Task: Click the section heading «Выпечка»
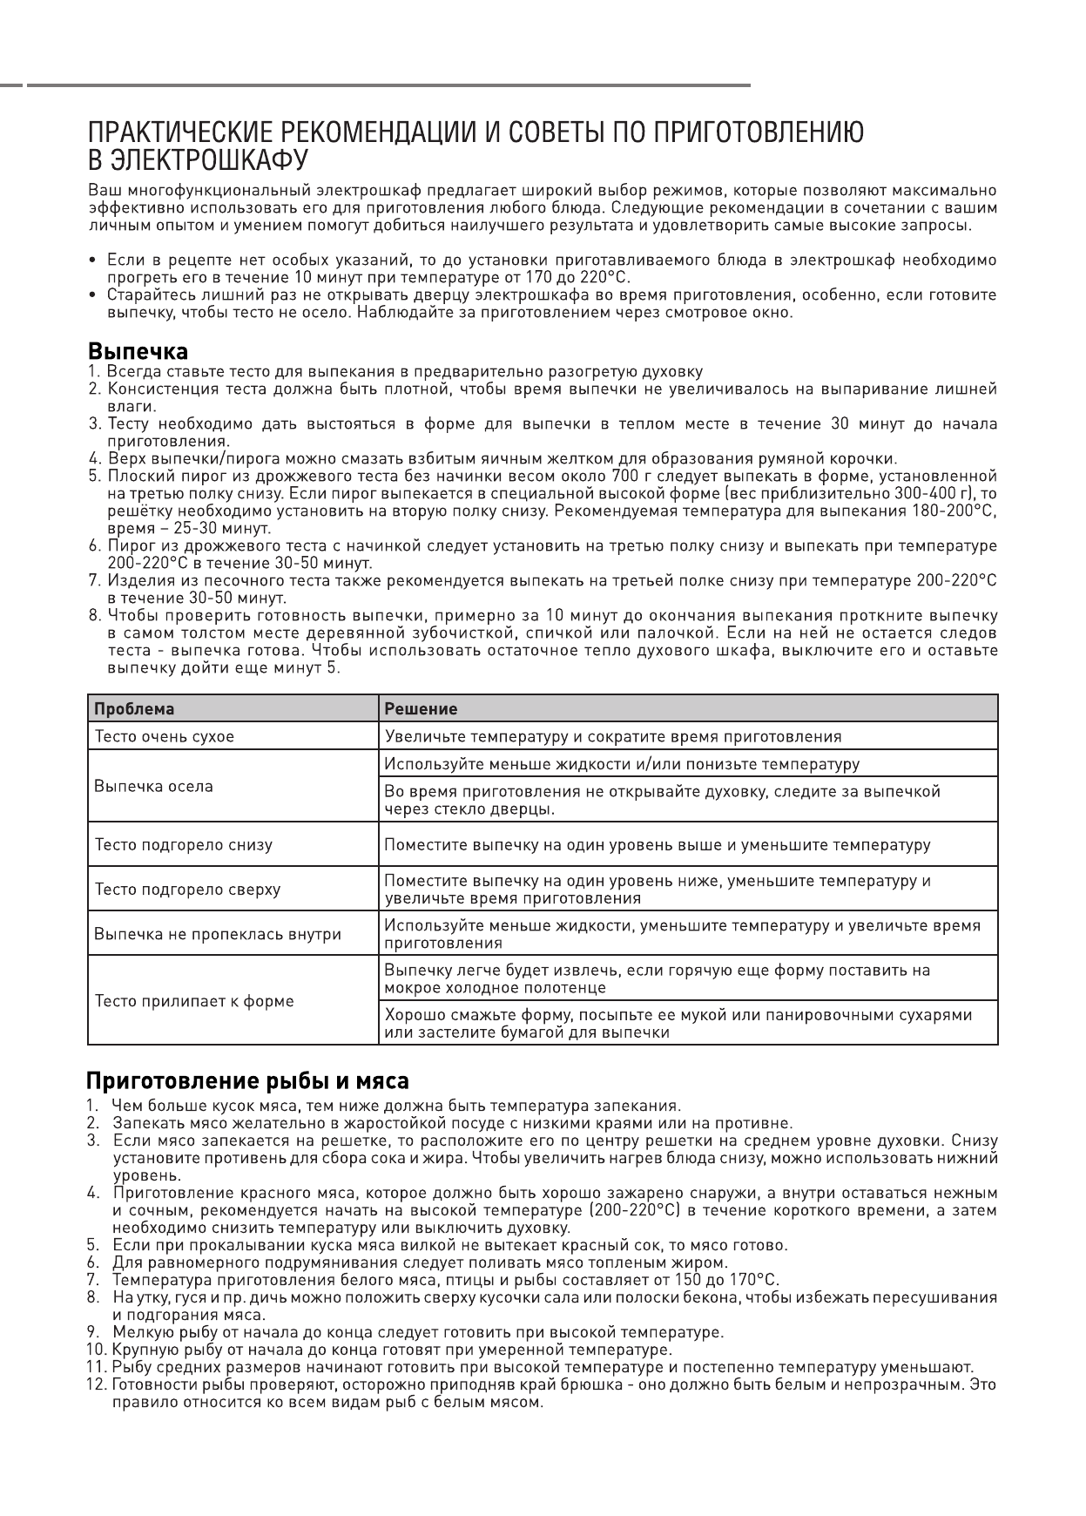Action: [x=138, y=352]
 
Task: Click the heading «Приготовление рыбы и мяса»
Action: [x=247, y=1081]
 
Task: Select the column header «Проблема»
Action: [x=134, y=708]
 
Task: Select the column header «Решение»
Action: [x=422, y=708]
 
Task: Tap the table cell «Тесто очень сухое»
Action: [x=165, y=736]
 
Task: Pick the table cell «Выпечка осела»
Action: [x=153, y=786]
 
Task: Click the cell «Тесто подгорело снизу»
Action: [x=183, y=844]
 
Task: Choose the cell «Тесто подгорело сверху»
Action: [x=187, y=890]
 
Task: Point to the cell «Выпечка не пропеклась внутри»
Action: [x=218, y=934]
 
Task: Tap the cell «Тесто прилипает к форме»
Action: [x=194, y=1001]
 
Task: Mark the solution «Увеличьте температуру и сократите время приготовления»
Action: [x=613, y=736]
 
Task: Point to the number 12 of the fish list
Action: [x=96, y=1384]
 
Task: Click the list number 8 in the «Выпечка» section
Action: [x=94, y=616]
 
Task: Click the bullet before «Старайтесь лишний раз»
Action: [x=92, y=295]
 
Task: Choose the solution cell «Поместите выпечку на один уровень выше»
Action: [x=658, y=844]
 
